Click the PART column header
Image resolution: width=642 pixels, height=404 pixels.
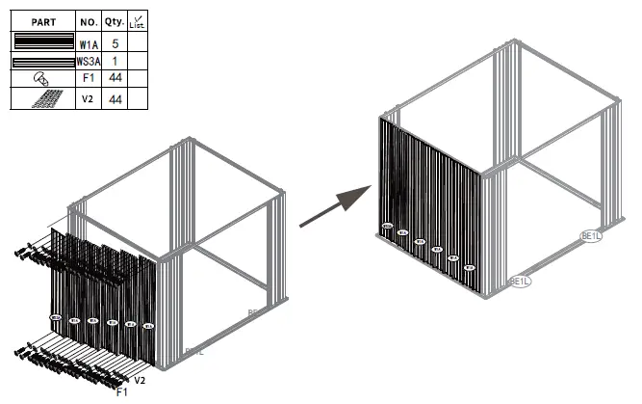click(x=42, y=20)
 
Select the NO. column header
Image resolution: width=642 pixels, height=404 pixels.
click(x=88, y=20)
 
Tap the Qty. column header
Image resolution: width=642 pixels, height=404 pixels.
click(x=115, y=20)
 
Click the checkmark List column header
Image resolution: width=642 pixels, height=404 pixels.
click(x=137, y=20)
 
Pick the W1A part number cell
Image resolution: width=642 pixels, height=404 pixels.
click(x=88, y=42)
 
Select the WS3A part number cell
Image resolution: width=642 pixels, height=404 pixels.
click(x=88, y=61)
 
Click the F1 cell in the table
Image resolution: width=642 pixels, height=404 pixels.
click(x=88, y=79)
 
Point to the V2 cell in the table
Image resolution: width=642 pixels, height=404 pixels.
click(x=88, y=98)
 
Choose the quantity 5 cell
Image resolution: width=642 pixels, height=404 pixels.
click(x=115, y=42)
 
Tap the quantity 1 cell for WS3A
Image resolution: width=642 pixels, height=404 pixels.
click(x=115, y=61)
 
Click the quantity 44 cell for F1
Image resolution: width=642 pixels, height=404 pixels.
click(x=115, y=79)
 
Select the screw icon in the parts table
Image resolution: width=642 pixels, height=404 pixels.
click(x=42, y=79)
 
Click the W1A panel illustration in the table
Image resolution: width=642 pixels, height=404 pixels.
click(x=42, y=41)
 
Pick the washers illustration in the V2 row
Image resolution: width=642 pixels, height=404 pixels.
click(x=44, y=98)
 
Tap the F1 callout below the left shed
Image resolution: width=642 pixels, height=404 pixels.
click(x=122, y=392)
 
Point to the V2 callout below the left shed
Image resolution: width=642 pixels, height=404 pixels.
click(x=140, y=382)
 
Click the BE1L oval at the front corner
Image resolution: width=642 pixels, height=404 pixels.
click(x=520, y=282)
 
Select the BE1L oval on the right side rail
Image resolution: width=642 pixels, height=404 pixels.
click(x=590, y=235)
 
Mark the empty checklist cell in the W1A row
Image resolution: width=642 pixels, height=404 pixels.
click(x=137, y=42)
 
